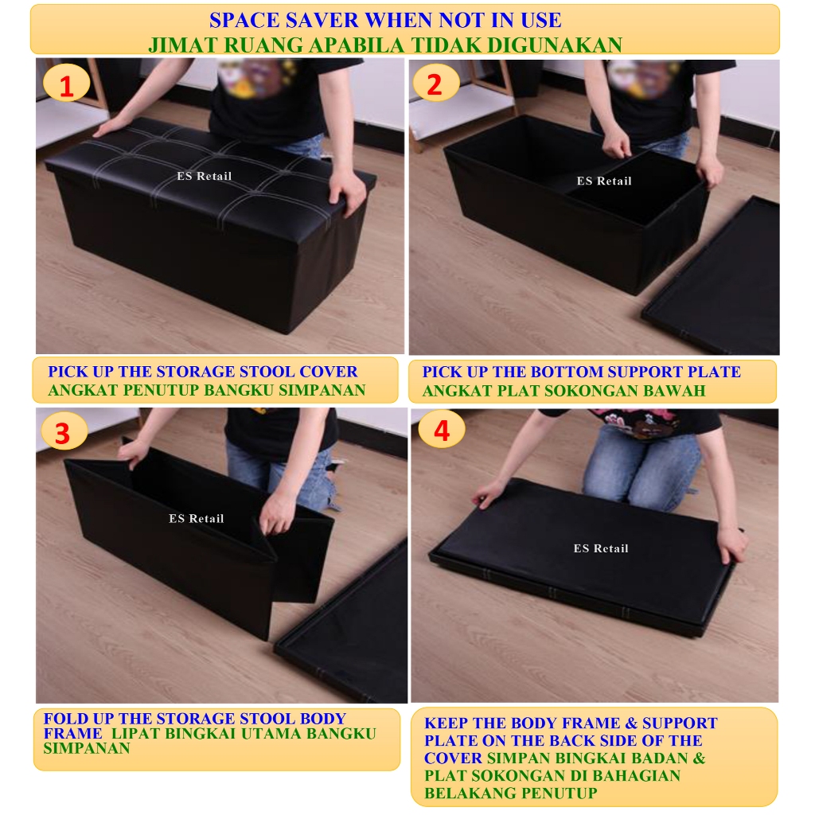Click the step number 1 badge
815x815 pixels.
tap(67, 84)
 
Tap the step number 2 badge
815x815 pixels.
tap(435, 83)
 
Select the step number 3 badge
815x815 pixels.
tap(64, 431)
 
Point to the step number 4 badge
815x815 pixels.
tap(441, 430)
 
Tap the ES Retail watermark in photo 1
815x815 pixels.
tap(205, 176)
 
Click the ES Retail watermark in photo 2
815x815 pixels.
tap(604, 181)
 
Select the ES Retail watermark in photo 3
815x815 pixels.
tap(197, 518)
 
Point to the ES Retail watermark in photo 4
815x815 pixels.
tap(601, 548)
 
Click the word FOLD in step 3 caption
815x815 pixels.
tap(60, 719)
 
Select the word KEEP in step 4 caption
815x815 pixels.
tap(446, 723)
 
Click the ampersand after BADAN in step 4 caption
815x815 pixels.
tap(699, 758)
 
